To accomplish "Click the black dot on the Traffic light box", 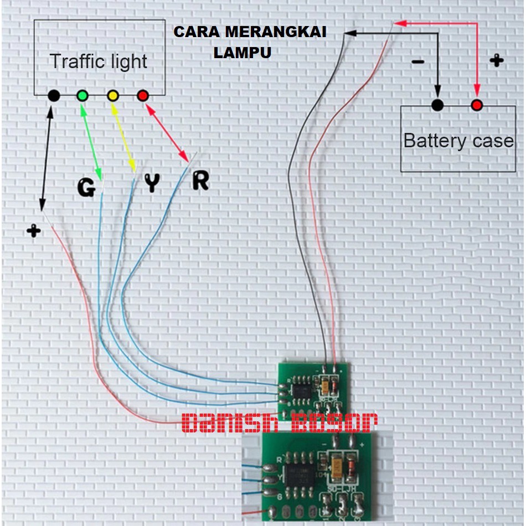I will click(x=54, y=95).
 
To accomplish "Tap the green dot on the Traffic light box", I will click(x=82, y=95).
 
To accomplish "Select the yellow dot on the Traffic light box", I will click(x=113, y=95).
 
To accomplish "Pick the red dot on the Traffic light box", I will click(x=143, y=95).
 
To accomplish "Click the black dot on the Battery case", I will click(x=438, y=105).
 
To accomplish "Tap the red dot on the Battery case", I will click(x=477, y=105).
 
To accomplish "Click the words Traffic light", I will click(x=99, y=61).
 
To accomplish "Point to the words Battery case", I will click(x=458, y=141).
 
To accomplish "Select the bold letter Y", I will click(x=152, y=183).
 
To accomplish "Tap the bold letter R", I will click(x=200, y=181).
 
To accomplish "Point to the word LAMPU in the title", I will click(x=243, y=53).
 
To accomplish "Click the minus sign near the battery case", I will click(x=418, y=61).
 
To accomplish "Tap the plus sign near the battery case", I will click(x=497, y=60).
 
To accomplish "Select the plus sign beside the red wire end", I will click(x=34, y=230).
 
